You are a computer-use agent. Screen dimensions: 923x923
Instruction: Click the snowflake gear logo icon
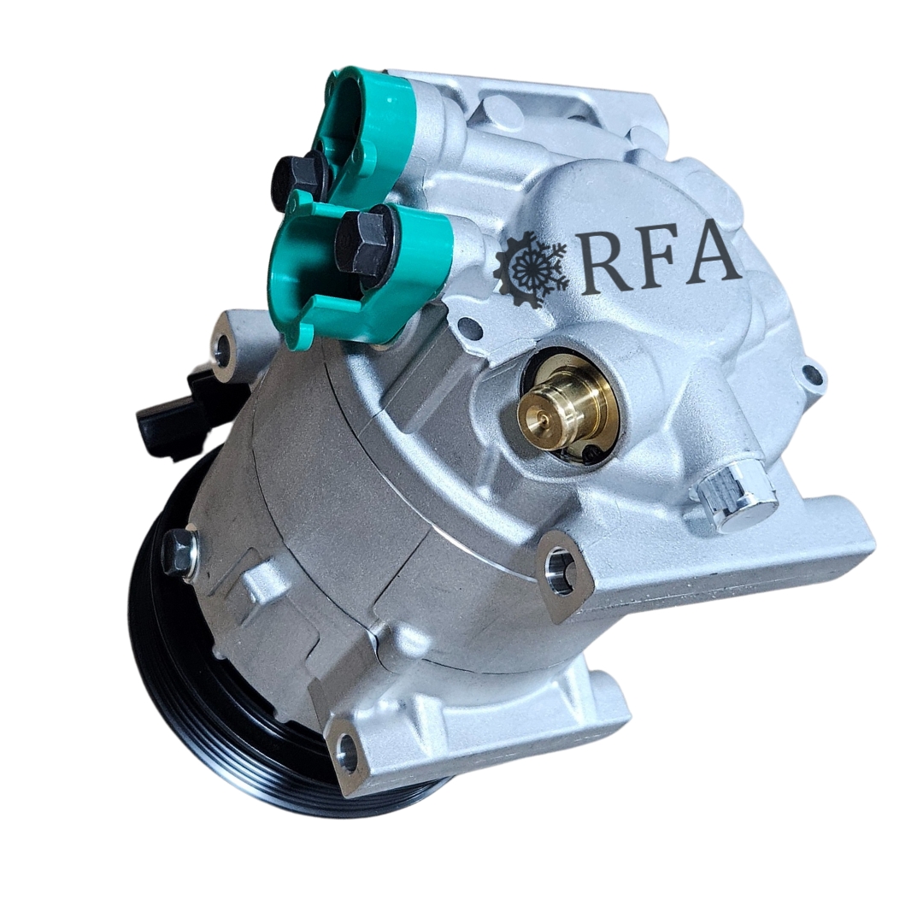pos(531,265)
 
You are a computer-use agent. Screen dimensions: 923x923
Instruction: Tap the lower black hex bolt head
pos(364,239)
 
